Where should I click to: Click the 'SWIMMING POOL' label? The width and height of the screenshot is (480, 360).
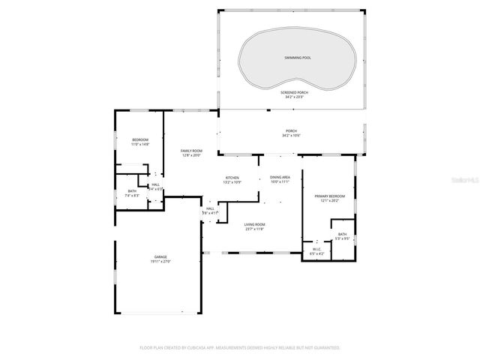coord(298,57)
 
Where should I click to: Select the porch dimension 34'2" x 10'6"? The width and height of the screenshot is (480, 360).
coord(290,136)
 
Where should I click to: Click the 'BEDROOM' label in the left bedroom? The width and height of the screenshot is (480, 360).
coord(140,139)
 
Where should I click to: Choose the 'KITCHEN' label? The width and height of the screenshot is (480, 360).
coord(232,178)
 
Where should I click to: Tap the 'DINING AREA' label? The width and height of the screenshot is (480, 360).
coord(280,177)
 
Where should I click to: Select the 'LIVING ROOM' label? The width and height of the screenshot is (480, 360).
coord(255,224)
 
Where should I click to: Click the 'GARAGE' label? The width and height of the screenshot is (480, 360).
coord(160,256)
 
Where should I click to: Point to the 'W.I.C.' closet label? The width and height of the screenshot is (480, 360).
coord(316,250)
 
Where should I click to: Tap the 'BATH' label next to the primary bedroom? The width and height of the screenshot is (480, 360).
coord(342,234)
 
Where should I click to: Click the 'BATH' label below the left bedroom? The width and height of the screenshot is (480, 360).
coord(132,191)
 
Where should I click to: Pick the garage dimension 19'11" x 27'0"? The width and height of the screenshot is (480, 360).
coord(160,261)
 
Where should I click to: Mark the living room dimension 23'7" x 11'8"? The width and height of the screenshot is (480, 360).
coord(255,229)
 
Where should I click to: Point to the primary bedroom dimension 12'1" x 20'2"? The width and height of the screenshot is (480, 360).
coord(330,200)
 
